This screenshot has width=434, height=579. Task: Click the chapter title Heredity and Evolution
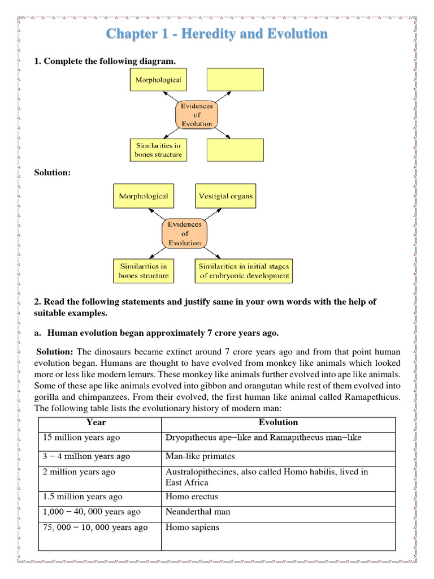[217, 34]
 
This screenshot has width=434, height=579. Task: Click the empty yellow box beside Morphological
[235, 80]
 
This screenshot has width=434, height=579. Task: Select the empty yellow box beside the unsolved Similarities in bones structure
[235, 150]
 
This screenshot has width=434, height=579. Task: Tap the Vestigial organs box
[226, 196]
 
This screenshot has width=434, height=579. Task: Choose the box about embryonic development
[244, 271]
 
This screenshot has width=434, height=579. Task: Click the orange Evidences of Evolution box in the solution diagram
[184, 234]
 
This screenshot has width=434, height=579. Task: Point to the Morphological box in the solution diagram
[143, 196]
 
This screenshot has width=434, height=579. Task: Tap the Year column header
[96, 422]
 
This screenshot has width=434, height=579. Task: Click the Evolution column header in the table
[278, 422]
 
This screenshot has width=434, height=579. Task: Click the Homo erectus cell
[192, 497]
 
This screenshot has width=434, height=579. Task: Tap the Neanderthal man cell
[198, 512]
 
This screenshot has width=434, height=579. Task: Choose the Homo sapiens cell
[192, 528]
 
